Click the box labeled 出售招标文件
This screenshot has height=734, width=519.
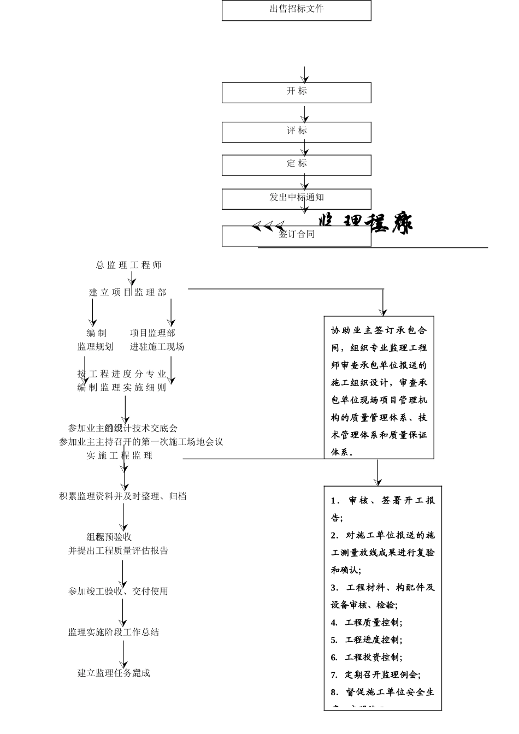tap(296, 10)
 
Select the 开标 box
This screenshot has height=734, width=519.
tap(296, 92)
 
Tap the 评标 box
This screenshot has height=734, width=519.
tap(296, 132)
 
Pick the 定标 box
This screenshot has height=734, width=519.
tap(296, 164)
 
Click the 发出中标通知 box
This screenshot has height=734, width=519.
tap(296, 199)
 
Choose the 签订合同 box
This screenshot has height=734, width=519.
tap(296, 235)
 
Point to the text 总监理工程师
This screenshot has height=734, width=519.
tap(129, 265)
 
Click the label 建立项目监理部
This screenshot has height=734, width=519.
tap(128, 293)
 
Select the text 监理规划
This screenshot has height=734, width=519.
tap(96, 347)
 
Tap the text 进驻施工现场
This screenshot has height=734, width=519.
tap(157, 347)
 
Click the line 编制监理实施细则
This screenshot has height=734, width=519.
tap(122, 388)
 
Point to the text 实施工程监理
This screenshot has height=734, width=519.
tap(120, 455)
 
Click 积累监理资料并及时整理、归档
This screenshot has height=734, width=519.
tap(123, 496)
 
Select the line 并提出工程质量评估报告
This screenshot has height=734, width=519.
tap(119, 551)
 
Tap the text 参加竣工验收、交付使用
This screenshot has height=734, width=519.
tap(119, 591)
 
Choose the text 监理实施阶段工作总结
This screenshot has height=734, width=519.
tap(114, 632)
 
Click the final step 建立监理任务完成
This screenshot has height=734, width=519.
tap(114, 673)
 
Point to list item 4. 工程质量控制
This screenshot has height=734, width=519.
tap(367, 623)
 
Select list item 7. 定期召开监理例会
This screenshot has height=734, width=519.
tap(376, 675)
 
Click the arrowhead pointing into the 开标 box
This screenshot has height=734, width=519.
tap(305, 80)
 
